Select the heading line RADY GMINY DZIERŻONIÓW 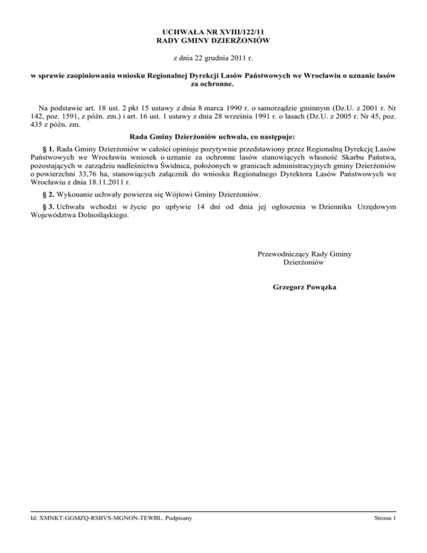tap(213, 41)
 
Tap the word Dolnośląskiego tap(102, 215)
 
